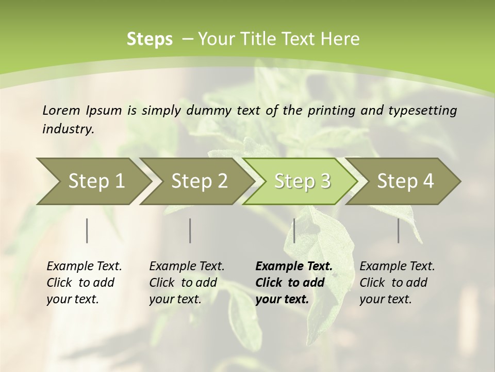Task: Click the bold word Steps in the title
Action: coord(150,39)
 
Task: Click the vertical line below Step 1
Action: coord(87,230)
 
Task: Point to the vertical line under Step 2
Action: coord(190,230)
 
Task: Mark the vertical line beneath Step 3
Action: coord(294,230)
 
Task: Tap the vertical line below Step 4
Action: coord(398,230)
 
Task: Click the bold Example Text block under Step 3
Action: coord(294,283)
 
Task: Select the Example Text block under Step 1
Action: coord(84,283)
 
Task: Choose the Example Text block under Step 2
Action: coord(187,283)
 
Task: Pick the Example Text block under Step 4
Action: coord(397,283)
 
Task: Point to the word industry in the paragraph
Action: coord(68,129)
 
